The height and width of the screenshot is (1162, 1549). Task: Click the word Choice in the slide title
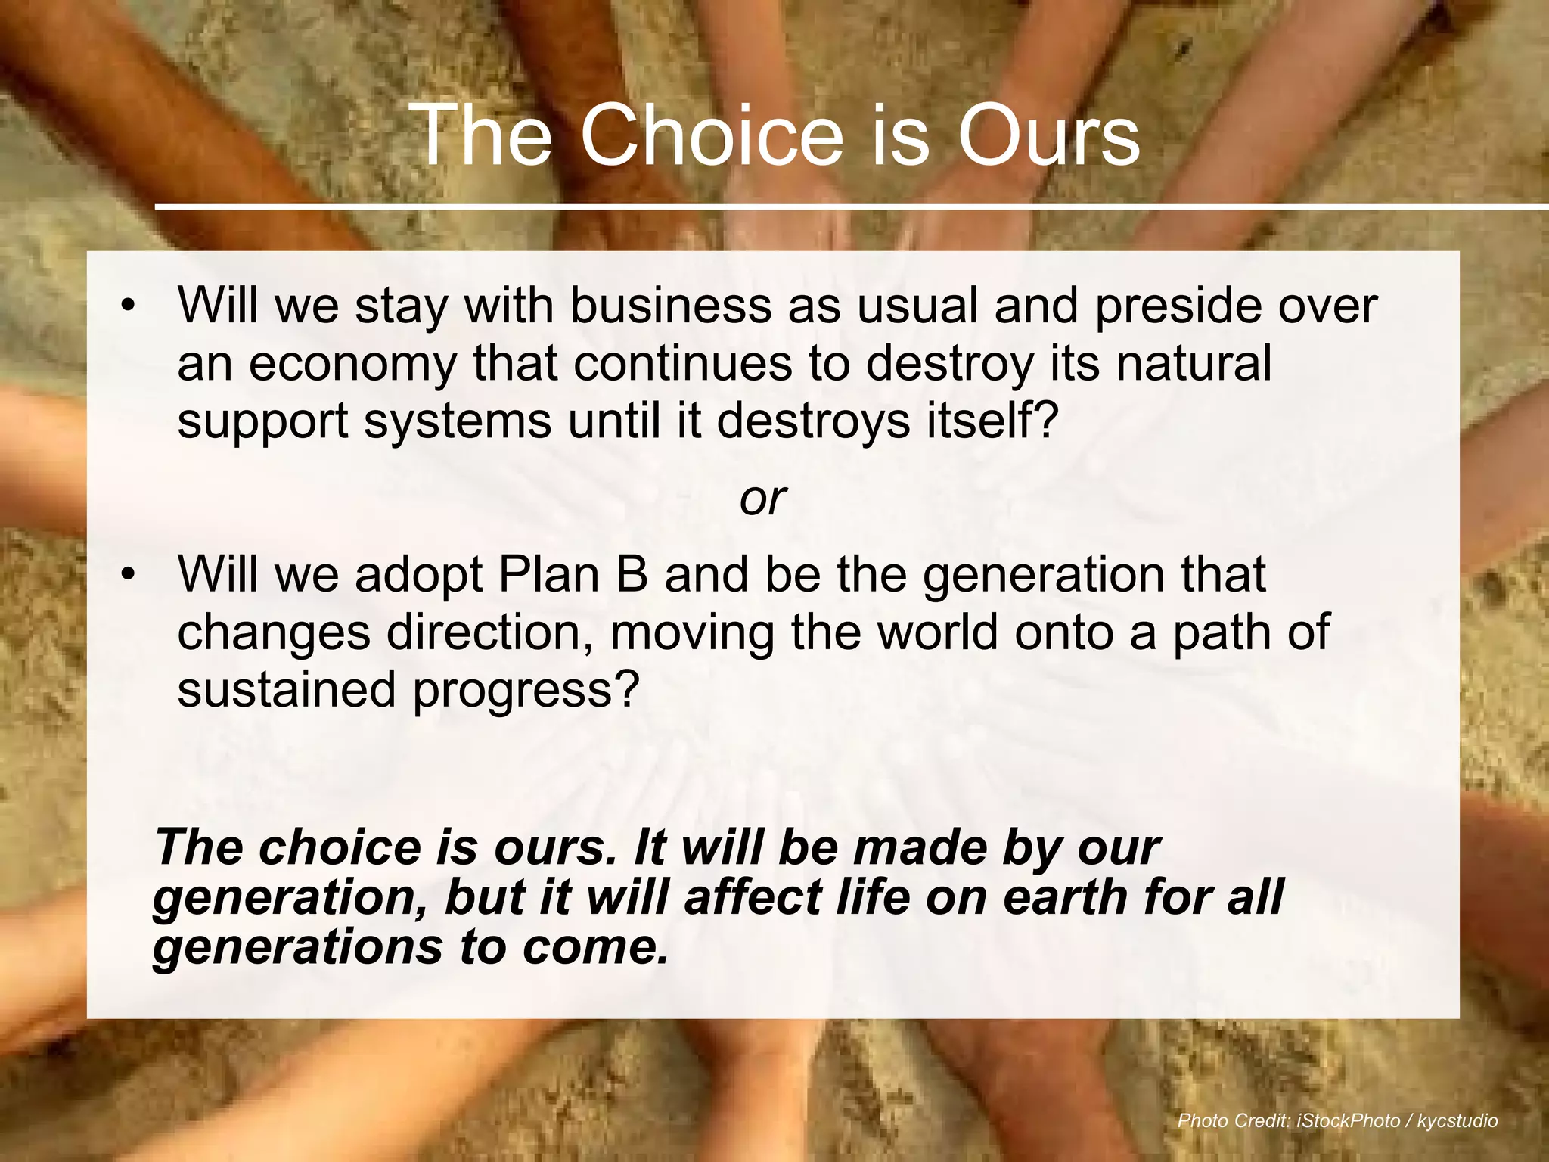(711, 136)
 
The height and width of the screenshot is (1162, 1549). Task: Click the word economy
(352, 365)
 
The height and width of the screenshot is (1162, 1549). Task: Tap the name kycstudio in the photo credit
(1457, 1120)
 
